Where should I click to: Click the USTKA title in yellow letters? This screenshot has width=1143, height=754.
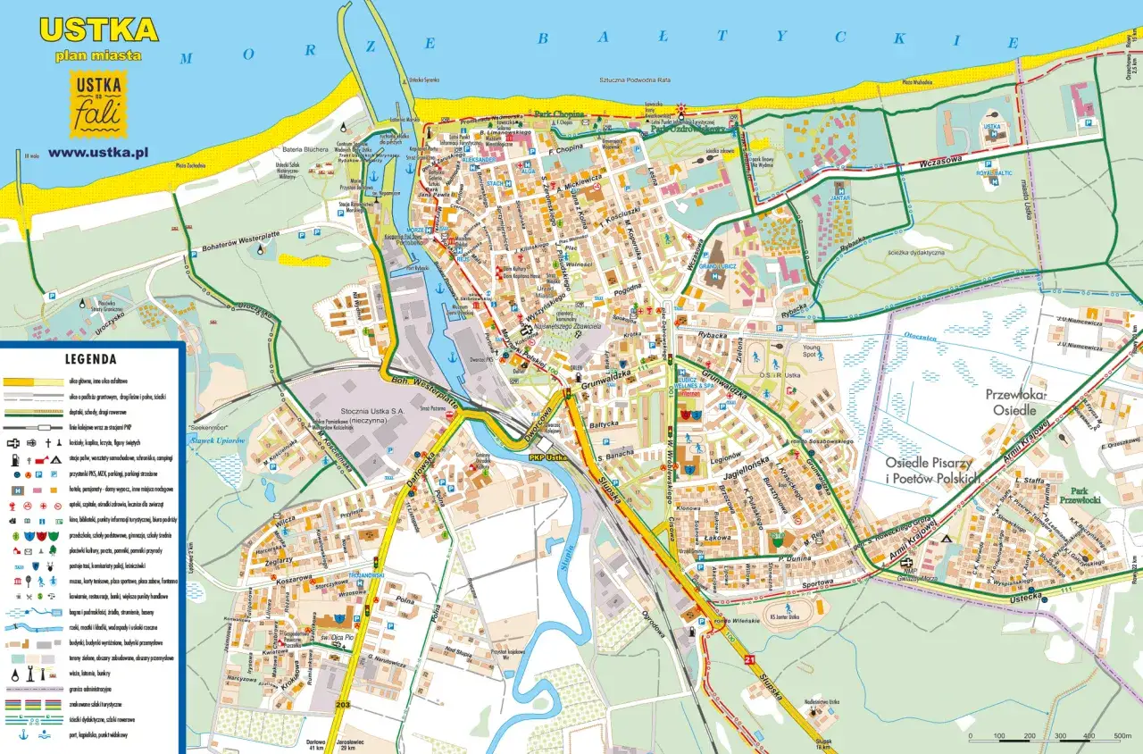(98, 29)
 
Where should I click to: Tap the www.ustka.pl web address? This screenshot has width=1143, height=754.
(98, 152)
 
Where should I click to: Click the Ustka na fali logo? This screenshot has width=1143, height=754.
(98, 105)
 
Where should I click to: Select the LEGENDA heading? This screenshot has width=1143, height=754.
(90, 360)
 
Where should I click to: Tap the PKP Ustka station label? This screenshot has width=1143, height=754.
(549, 457)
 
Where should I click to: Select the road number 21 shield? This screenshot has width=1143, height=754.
(750, 659)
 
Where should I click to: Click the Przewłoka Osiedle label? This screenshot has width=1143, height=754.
(1016, 401)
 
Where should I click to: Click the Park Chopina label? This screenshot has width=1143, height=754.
(559, 114)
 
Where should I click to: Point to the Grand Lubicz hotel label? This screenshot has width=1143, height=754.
(716, 267)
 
